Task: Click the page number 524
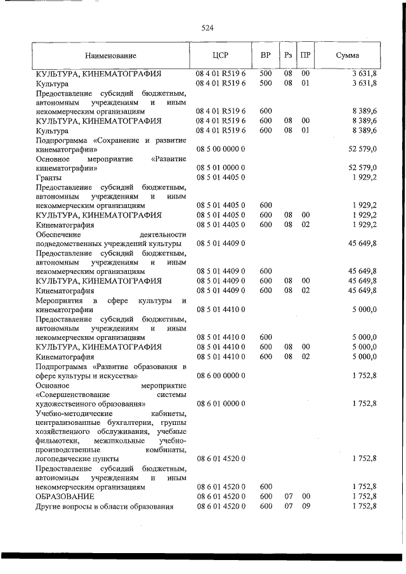pos(207,28)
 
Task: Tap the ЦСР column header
pos(220,56)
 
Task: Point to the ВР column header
pos(266,56)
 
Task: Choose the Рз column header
pos(288,56)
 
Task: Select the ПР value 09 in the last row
pos(305,506)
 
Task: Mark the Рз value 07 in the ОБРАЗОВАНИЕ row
pos(288,495)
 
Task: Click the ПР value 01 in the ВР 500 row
pos(305,83)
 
